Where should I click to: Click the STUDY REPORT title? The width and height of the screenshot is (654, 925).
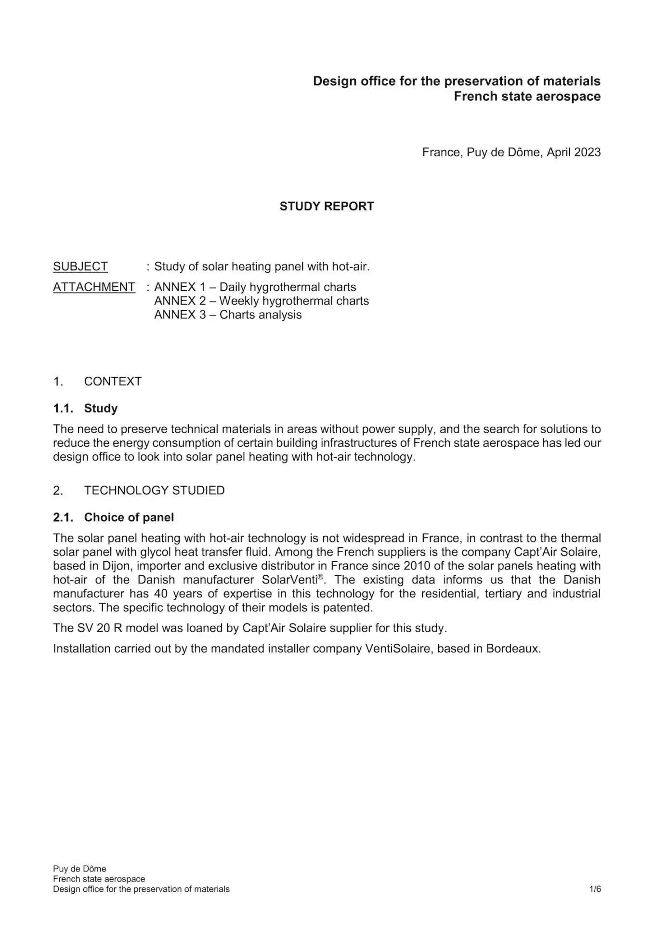pyautogui.click(x=327, y=206)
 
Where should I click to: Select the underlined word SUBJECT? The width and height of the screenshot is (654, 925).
pyautogui.click(x=80, y=266)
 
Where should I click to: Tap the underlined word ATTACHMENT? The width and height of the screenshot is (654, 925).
pyautogui.click(x=94, y=287)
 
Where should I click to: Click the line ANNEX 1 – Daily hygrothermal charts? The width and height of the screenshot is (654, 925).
pyautogui.click(x=255, y=287)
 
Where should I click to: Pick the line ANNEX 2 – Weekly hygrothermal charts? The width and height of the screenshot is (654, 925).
pyautogui.click(x=261, y=301)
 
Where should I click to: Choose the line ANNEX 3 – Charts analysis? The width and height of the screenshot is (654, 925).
pyautogui.click(x=228, y=315)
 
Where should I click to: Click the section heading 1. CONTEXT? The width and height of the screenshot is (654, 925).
pyautogui.click(x=97, y=382)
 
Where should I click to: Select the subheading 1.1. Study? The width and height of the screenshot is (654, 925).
pyautogui.click(x=85, y=409)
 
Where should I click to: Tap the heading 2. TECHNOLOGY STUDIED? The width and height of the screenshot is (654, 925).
pyautogui.click(x=139, y=490)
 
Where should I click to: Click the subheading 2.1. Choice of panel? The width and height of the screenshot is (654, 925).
pyautogui.click(x=113, y=517)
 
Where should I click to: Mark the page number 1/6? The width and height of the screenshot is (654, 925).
pyautogui.click(x=595, y=889)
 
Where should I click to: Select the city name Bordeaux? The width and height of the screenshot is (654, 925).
pyautogui.click(x=513, y=649)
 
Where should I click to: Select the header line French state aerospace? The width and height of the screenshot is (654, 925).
pyautogui.click(x=527, y=96)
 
